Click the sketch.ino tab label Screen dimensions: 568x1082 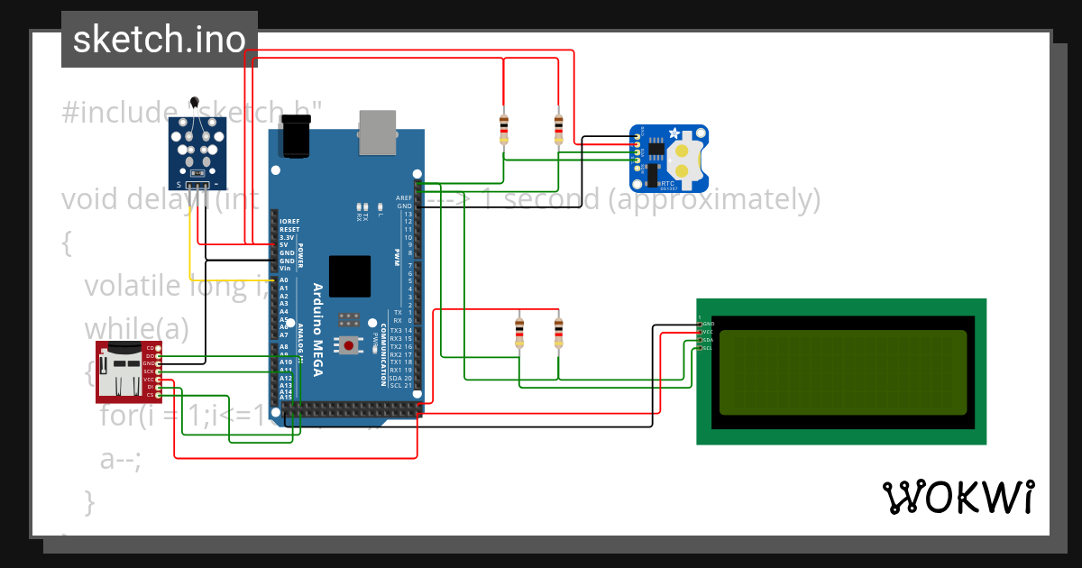click(x=159, y=39)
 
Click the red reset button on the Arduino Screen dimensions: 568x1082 click(x=348, y=344)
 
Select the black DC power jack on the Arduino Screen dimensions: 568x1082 click(x=296, y=137)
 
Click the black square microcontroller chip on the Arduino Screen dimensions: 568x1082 click(x=350, y=276)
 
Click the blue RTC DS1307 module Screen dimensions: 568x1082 click(x=668, y=159)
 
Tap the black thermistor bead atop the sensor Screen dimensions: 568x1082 click(x=195, y=104)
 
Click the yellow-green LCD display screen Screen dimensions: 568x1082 click(x=843, y=371)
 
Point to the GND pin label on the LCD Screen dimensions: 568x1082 click(x=709, y=324)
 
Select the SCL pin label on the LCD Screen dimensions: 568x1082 click(x=709, y=348)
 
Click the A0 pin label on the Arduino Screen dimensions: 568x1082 click(x=284, y=280)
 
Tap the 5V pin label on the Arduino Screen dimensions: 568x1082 click(x=284, y=244)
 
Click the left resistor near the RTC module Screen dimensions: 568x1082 click(x=503, y=129)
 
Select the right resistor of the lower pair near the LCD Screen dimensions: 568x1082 click(x=558, y=331)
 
